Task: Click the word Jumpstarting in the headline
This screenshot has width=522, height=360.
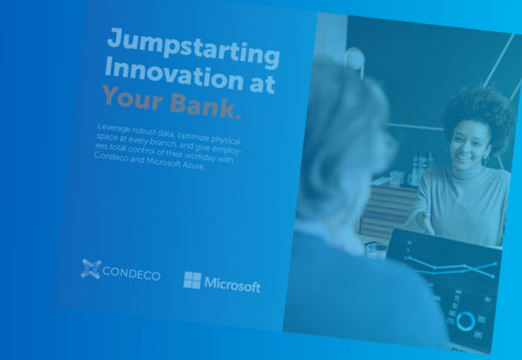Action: point(193,48)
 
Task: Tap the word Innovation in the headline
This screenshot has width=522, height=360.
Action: point(174,75)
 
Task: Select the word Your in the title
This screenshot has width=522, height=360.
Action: point(133,97)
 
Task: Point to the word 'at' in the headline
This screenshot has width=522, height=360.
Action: point(263,83)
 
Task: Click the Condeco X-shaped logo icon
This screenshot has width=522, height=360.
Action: point(91,268)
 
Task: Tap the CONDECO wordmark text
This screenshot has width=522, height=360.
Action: point(131,273)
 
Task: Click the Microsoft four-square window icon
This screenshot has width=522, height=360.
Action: point(192,280)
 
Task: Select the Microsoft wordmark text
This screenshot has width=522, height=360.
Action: point(232,285)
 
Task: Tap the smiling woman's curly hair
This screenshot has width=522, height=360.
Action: point(479,113)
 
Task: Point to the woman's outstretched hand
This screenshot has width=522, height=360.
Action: point(425,222)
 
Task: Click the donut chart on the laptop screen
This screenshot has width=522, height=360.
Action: point(466,321)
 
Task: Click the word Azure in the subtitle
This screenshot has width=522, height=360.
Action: point(193,164)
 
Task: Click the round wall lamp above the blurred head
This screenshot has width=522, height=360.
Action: point(354,59)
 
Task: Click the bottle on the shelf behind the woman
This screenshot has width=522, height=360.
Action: point(419,169)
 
